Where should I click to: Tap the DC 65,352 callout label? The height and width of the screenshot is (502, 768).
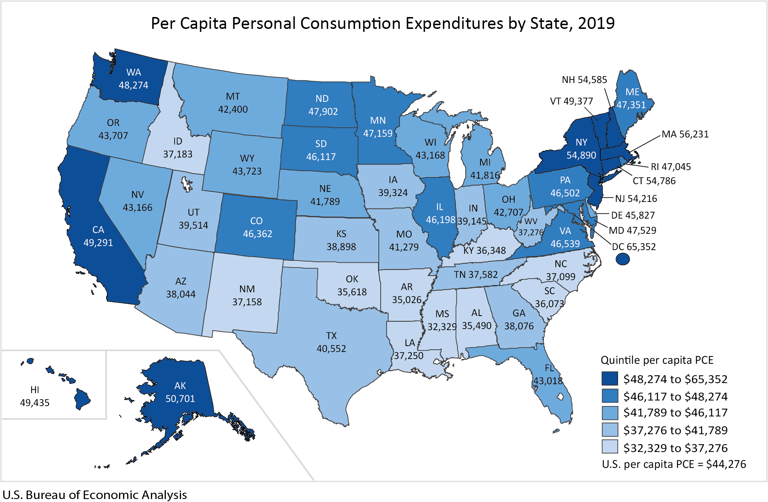[634, 247]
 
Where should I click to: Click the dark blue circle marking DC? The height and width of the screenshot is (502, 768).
[623, 259]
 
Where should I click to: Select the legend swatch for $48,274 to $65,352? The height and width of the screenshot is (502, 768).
[610, 379]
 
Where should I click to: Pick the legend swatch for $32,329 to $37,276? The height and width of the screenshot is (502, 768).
[610, 447]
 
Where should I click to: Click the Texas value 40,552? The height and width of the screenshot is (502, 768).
[331, 349]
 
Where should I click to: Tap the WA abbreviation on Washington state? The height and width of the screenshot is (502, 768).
[134, 72]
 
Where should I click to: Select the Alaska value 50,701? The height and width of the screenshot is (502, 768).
[180, 399]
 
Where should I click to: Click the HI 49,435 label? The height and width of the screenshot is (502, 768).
[35, 396]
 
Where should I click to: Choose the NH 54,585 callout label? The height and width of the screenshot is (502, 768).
[584, 80]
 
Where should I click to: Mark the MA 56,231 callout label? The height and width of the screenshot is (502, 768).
[685, 134]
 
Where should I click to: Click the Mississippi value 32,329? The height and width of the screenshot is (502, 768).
[442, 327]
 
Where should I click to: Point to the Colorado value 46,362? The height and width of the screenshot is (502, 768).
[257, 234]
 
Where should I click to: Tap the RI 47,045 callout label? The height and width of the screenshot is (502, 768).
[671, 167]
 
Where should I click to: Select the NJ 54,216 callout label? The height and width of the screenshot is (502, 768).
[636, 199]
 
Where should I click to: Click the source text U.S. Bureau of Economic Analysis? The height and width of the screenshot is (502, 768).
[95, 495]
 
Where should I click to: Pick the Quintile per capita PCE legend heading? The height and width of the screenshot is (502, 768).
[657, 360]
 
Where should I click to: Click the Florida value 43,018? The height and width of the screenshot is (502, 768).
[548, 381]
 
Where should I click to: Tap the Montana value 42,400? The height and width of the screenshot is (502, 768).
[233, 109]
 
